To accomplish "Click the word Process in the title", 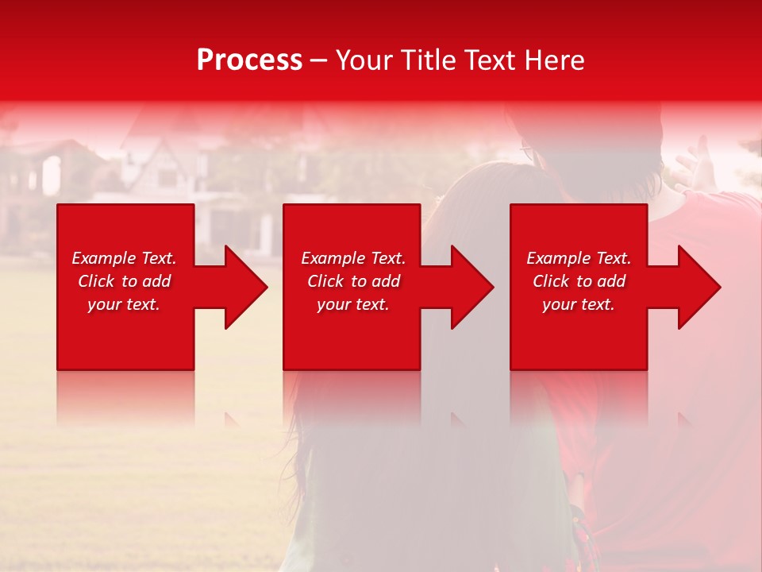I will click(x=249, y=60).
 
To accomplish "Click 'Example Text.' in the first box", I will click(x=124, y=258).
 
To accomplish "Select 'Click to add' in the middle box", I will click(x=353, y=281).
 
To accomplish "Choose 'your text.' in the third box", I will click(x=579, y=304).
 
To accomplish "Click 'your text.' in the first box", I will click(x=124, y=304).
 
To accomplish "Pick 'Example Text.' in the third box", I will click(x=579, y=258).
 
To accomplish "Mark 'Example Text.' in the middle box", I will click(x=353, y=258).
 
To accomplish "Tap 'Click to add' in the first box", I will click(x=124, y=281).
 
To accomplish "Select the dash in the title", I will click(x=318, y=61).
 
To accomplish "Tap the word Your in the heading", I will click(x=364, y=60).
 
